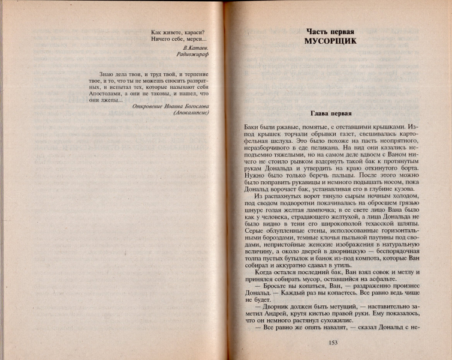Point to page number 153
(334, 343)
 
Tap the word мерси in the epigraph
(195, 39)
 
